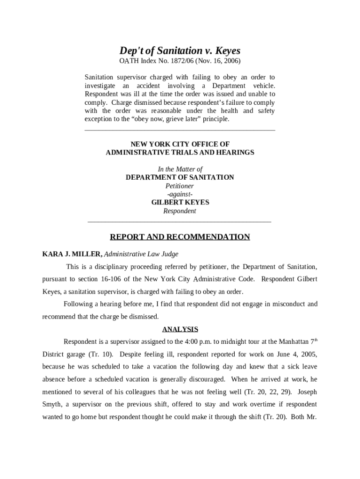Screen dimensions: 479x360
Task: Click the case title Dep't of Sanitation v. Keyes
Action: point(180,51)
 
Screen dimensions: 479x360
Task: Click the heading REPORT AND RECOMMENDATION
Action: point(180,237)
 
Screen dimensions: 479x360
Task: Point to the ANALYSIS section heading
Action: point(180,329)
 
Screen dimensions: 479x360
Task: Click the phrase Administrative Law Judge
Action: point(141,254)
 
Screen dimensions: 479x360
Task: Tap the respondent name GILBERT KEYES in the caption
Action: point(180,203)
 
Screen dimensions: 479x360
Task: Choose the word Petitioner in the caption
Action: point(180,186)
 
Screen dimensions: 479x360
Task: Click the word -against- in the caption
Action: point(180,194)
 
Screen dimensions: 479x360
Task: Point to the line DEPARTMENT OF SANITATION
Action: point(180,177)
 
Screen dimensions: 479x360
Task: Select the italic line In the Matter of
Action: point(180,169)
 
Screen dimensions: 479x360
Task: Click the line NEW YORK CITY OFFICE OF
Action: point(180,144)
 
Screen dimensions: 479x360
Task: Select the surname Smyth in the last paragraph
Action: point(52,404)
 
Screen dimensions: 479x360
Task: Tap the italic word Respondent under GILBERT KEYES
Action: point(180,211)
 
